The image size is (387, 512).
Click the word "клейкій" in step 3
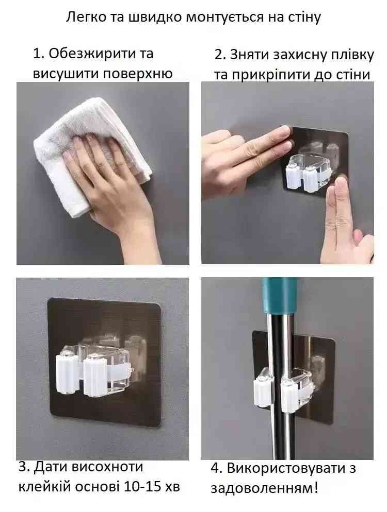(x=45, y=487)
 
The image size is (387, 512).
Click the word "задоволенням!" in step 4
(x=264, y=488)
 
